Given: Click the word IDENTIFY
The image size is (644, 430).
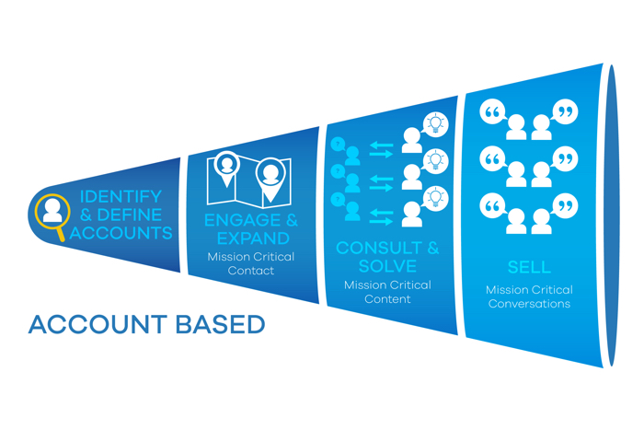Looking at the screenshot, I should pos(121,197).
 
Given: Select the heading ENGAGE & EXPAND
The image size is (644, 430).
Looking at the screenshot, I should pos(251,230).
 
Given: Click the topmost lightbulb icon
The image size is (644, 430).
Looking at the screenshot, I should pos(433,123).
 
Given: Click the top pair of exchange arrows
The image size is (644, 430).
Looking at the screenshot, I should pos(381,146).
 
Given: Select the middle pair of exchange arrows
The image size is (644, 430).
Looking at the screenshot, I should pos(381,181).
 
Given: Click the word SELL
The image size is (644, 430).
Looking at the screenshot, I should pos(529,268).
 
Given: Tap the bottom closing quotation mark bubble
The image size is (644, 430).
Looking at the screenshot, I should pos(567,203).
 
